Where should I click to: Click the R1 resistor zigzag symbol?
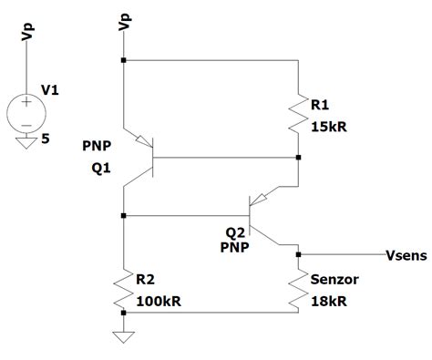tap(298, 113)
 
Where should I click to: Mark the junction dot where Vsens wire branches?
tap(300, 254)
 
